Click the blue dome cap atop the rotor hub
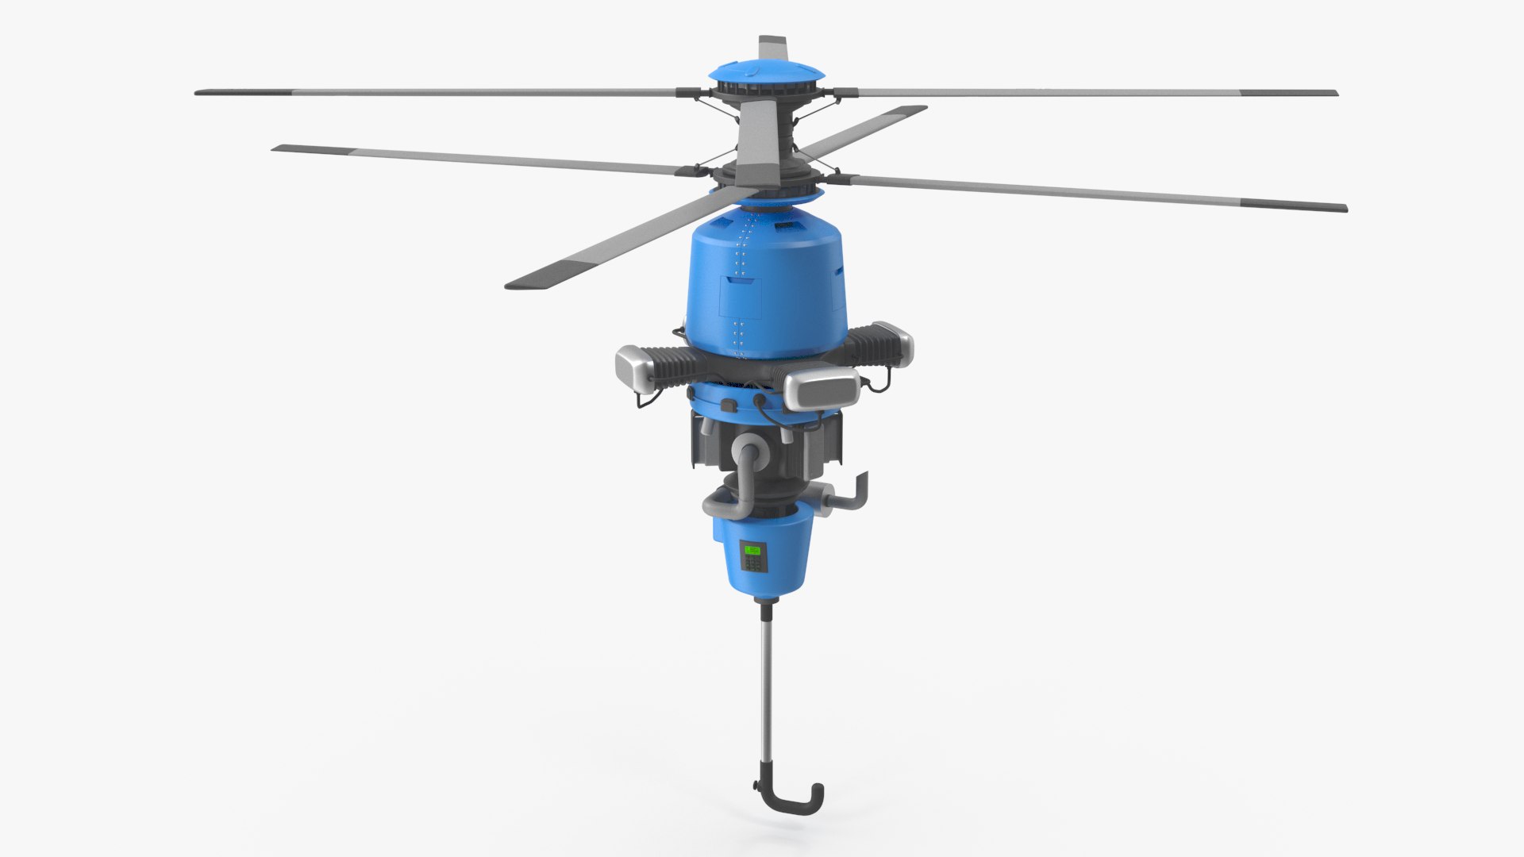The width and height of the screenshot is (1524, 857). (766, 71)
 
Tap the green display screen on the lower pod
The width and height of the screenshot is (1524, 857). (751, 549)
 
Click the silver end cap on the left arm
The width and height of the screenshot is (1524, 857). (634, 367)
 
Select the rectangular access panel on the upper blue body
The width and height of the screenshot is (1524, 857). (739, 298)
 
